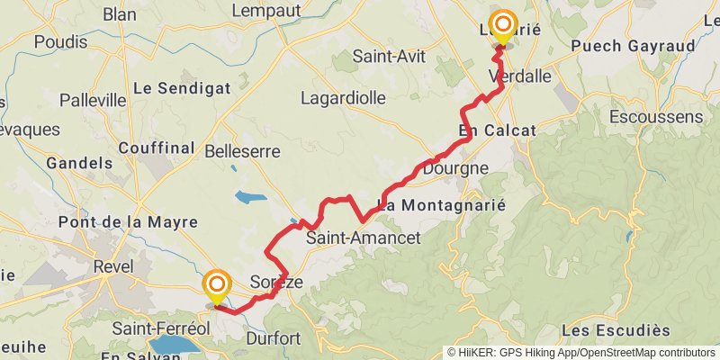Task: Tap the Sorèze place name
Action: coord(276,281)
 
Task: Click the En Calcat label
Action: coord(497,130)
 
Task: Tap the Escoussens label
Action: coord(655,117)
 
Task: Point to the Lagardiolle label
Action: coord(343,97)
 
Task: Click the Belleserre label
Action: coord(243,150)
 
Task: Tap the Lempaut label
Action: coord(266,10)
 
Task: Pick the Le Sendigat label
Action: coord(182,88)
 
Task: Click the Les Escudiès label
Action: coord(616,331)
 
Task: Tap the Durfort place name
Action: coord(272,339)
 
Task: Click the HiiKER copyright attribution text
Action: coord(580,352)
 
